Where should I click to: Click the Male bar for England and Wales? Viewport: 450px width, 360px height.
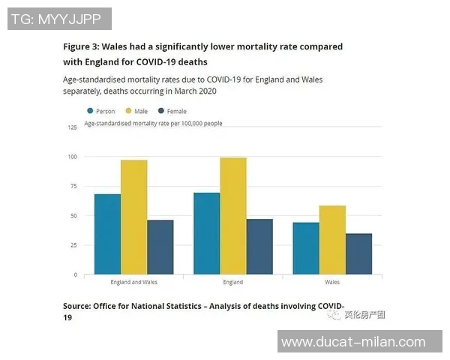[133, 217]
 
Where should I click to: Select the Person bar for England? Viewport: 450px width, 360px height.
[206, 233]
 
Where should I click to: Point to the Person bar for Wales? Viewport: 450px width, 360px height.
[305, 248]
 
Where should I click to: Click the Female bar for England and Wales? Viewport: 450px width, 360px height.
[160, 247]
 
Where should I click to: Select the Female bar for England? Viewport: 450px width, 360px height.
[259, 247]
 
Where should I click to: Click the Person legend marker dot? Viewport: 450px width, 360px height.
[90, 111]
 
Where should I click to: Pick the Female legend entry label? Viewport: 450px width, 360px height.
[177, 111]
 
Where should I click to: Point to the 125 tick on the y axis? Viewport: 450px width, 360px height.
[73, 127]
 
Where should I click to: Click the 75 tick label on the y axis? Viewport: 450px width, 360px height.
[73, 186]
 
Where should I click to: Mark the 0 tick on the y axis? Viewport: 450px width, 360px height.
[75, 274]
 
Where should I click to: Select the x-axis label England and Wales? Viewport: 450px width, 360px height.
[133, 283]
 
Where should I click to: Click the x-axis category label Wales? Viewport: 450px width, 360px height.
[332, 283]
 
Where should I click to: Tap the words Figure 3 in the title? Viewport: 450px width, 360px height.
[81, 46]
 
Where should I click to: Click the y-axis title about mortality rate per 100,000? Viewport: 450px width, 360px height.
[153, 121]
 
